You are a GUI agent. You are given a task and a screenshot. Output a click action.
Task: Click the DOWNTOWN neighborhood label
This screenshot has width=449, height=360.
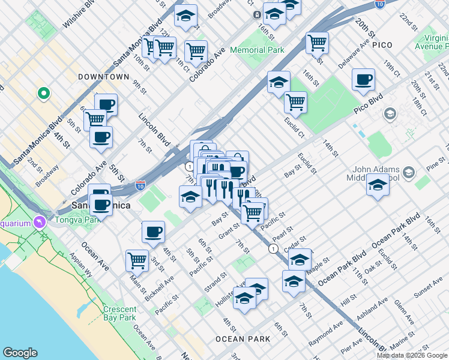click(x=103, y=77)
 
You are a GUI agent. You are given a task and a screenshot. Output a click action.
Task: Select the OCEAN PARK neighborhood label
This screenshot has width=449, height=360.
click(x=243, y=339)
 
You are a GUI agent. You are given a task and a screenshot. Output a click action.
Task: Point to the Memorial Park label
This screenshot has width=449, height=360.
click(x=257, y=50)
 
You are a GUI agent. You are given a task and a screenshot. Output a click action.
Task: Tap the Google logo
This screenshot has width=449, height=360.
click(x=20, y=353)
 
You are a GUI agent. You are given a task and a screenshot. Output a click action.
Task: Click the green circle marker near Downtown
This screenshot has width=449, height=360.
click(x=43, y=93)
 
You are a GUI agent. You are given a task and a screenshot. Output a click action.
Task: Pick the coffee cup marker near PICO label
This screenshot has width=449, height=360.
click(x=363, y=80)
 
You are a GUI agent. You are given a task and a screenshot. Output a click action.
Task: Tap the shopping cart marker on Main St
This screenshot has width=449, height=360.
click(x=137, y=260)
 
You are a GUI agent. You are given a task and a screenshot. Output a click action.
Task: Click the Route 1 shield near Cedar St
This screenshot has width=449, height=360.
click(x=273, y=248)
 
